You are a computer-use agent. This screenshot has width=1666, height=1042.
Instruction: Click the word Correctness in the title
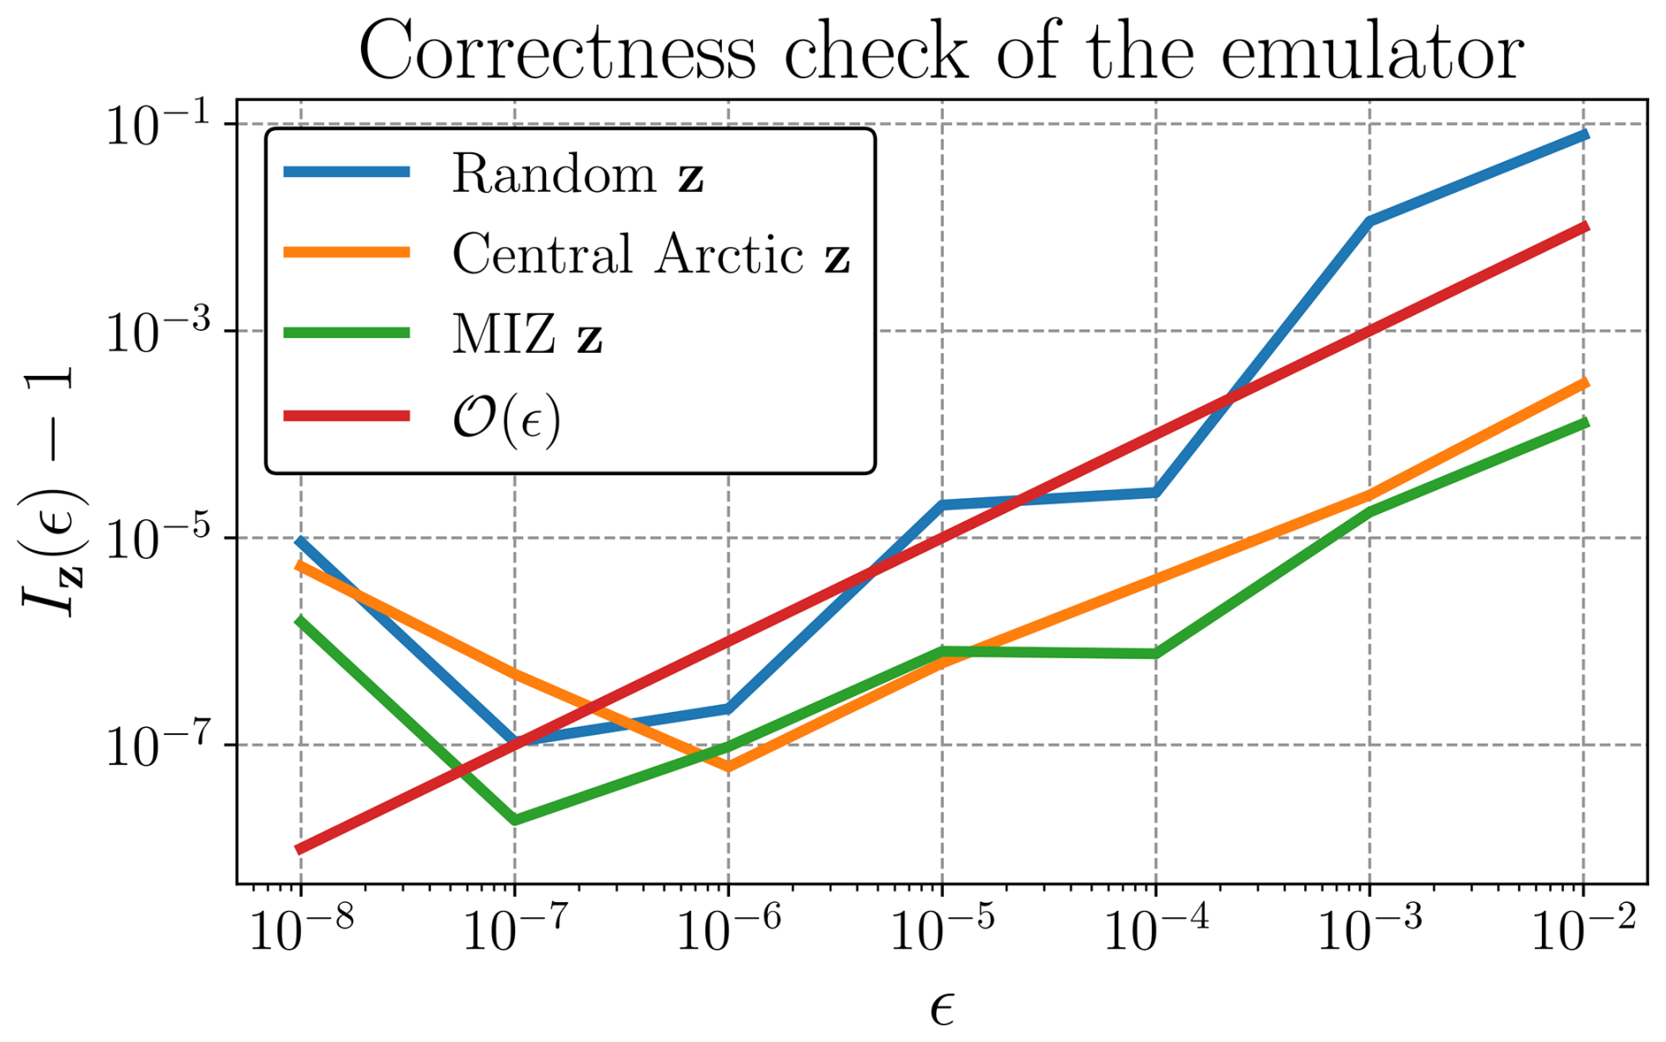(557, 51)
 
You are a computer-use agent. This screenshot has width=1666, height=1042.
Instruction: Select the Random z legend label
(578, 174)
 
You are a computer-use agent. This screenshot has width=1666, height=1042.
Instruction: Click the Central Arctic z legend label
(651, 255)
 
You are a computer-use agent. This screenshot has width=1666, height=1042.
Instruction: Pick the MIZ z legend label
(527, 335)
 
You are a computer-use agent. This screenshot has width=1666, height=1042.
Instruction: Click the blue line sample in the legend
(347, 172)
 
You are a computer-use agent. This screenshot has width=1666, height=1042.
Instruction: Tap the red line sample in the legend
(347, 415)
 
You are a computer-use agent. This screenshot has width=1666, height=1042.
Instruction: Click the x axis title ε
(942, 1009)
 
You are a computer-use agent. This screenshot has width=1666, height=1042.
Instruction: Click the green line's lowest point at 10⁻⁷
(515, 820)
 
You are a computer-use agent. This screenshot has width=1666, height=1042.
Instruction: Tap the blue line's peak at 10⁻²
(1584, 135)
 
